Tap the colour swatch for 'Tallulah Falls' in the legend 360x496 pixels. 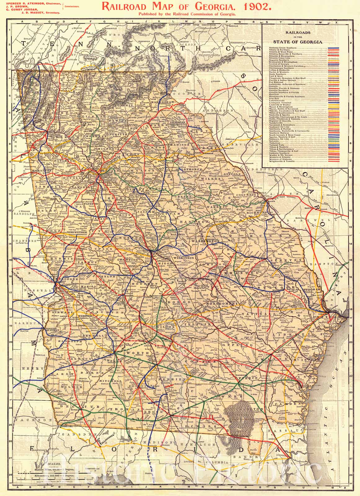(333, 144)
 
